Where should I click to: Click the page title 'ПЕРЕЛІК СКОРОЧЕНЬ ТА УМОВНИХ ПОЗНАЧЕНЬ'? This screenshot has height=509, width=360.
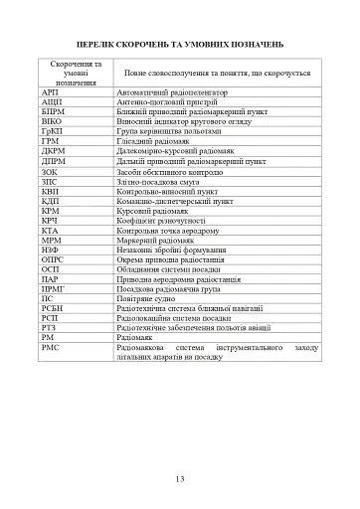pyautogui.click(x=180, y=46)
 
